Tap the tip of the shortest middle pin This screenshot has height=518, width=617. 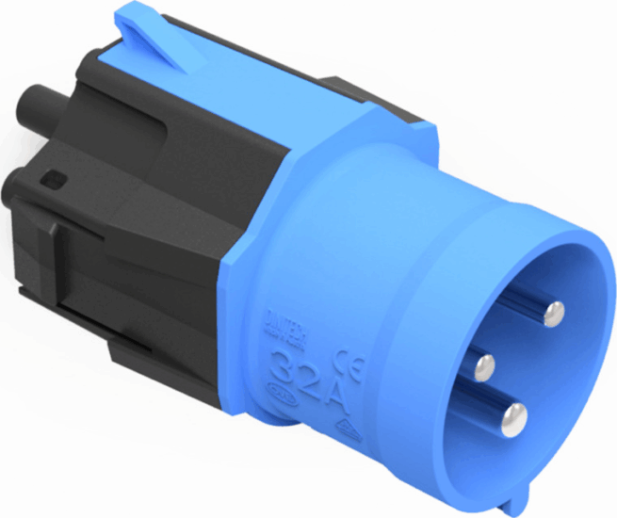(485, 364)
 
